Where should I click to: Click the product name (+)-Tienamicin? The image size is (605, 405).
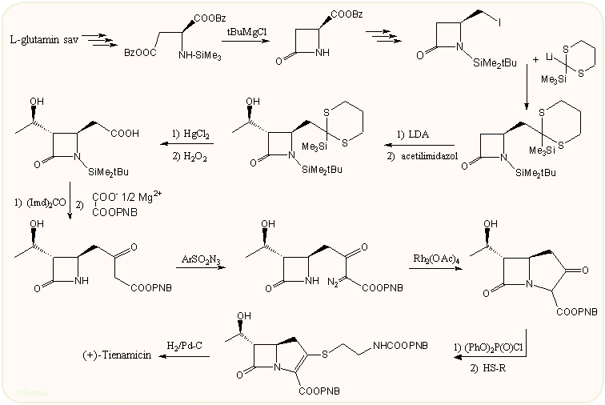tap(118, 355)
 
